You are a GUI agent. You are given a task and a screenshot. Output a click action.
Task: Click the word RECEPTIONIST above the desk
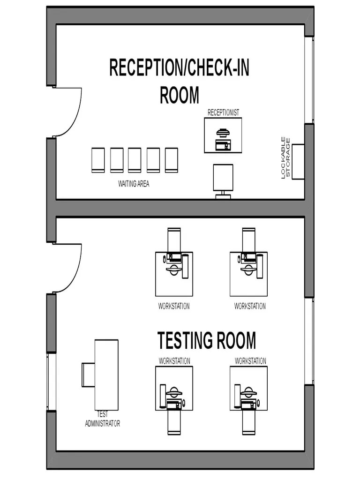(x=223, y=112)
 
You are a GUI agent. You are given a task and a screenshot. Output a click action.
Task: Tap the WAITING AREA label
(x=134, y=184)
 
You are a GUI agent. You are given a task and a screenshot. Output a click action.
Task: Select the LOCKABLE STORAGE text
(x=285, y=157)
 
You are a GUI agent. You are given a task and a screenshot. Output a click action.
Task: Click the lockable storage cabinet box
(x=298, y=162)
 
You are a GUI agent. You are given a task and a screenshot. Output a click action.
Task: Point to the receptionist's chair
(x=223, y=178)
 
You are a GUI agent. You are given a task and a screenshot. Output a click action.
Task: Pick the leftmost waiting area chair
(x=98, y=160)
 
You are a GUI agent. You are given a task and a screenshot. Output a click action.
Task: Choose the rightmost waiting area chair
(x=172, y=160)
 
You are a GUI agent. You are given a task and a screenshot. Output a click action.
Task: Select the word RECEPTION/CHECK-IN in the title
(x=179, y=67)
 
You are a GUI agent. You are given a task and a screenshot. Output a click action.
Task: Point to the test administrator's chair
(x=89, y=375)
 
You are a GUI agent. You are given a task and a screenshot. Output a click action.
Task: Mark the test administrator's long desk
(x=106, y=375)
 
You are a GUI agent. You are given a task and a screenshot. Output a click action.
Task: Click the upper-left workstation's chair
(x=174, y=239)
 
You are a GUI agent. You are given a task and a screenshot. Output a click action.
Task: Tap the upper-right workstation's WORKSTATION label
(x=250, y=307)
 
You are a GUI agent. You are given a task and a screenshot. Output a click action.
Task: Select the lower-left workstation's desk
(x=174, y=388)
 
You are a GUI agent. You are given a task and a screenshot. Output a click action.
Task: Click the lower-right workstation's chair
(x=248, y=422)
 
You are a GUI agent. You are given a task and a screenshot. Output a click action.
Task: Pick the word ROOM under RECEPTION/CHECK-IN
(x=180, y=95)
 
